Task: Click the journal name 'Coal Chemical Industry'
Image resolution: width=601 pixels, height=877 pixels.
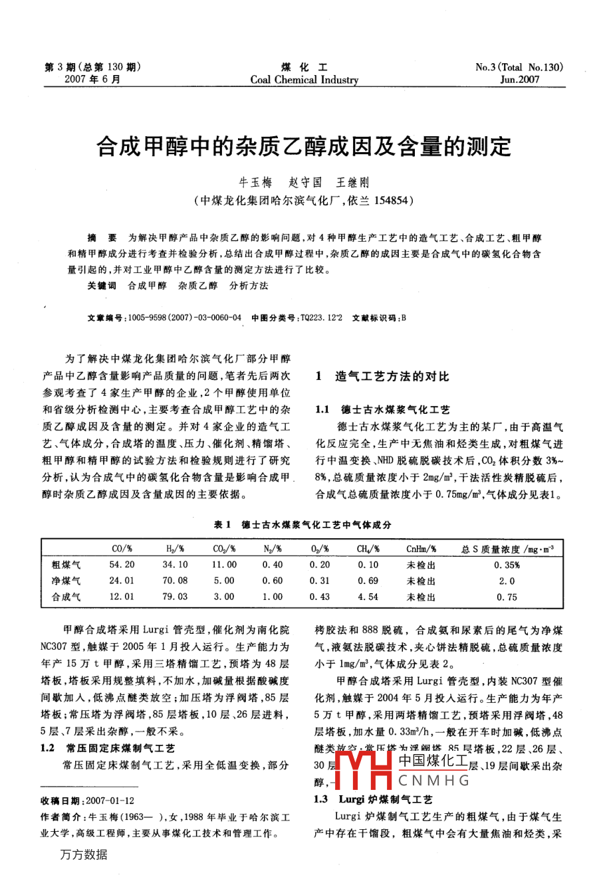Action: point(304,80)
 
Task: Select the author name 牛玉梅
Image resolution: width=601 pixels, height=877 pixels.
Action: point(255,182)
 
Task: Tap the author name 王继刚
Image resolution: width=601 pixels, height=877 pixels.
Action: point(352,182)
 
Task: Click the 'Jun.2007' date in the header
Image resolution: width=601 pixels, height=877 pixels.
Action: point(520,80)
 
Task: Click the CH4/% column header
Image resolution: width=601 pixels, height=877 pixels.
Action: point(368,549)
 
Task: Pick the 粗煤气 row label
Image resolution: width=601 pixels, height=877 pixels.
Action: point(66,565)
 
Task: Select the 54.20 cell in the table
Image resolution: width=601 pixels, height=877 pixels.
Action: point(122,565)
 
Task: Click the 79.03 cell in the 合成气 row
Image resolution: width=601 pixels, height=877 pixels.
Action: point(175,597)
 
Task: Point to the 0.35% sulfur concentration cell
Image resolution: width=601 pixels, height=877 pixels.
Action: point(507,565)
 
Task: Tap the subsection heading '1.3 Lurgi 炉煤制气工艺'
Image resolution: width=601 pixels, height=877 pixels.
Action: point(373,799)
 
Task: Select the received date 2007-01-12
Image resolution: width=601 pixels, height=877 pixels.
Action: point(109,801)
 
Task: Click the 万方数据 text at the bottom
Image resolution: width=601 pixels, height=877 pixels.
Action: point(83,854)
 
